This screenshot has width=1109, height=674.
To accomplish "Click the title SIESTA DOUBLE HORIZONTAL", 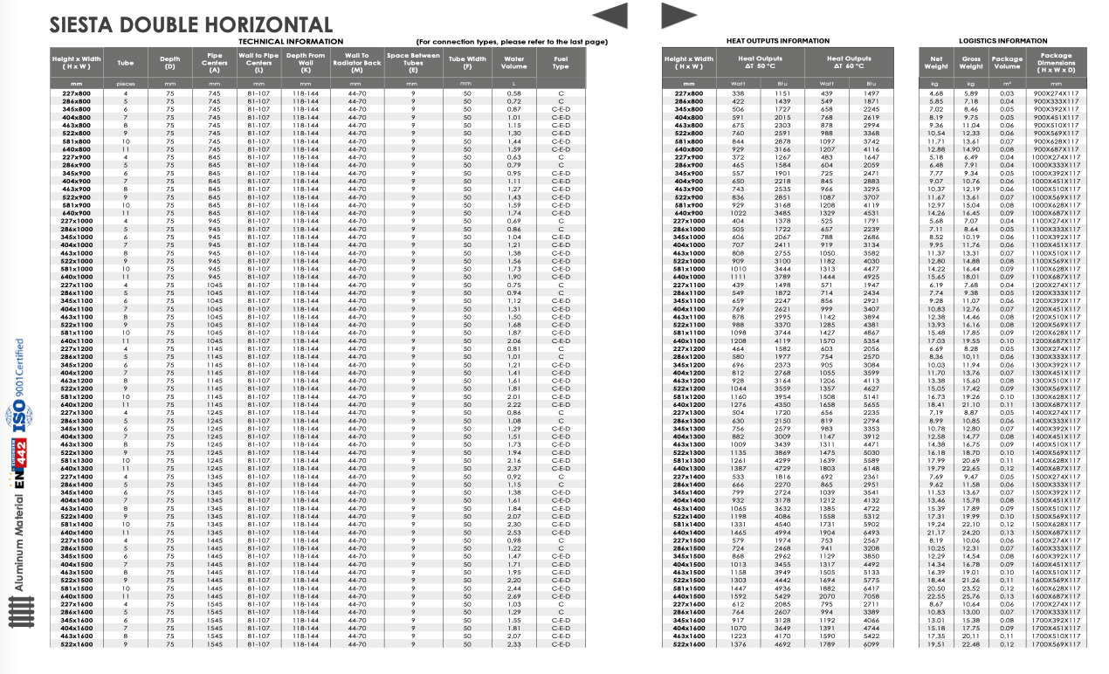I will tap(191, 25).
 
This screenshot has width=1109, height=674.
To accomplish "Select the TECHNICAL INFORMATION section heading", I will tap(291, 41).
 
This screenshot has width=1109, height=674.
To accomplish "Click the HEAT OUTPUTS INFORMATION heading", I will tap(778, 41).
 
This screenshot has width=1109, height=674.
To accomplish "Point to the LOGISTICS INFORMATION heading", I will tap(1002, 41).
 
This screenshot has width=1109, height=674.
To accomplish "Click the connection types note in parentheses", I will tap(512, 42).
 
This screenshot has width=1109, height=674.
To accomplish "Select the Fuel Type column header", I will tap(561, 62).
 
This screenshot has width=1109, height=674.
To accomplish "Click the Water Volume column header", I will tap(514, 62).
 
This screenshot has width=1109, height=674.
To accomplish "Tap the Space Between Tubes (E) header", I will tap(413, 62).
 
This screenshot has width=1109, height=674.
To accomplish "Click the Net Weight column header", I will tap(936, 62).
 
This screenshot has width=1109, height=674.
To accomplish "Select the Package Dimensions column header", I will tap(1057, 62).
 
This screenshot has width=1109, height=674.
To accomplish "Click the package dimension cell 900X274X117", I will tap(1056, 93).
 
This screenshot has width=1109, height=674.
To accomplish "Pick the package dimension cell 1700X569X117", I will tap(1056, 645).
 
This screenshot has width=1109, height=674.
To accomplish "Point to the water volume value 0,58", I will tap(513, 93).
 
